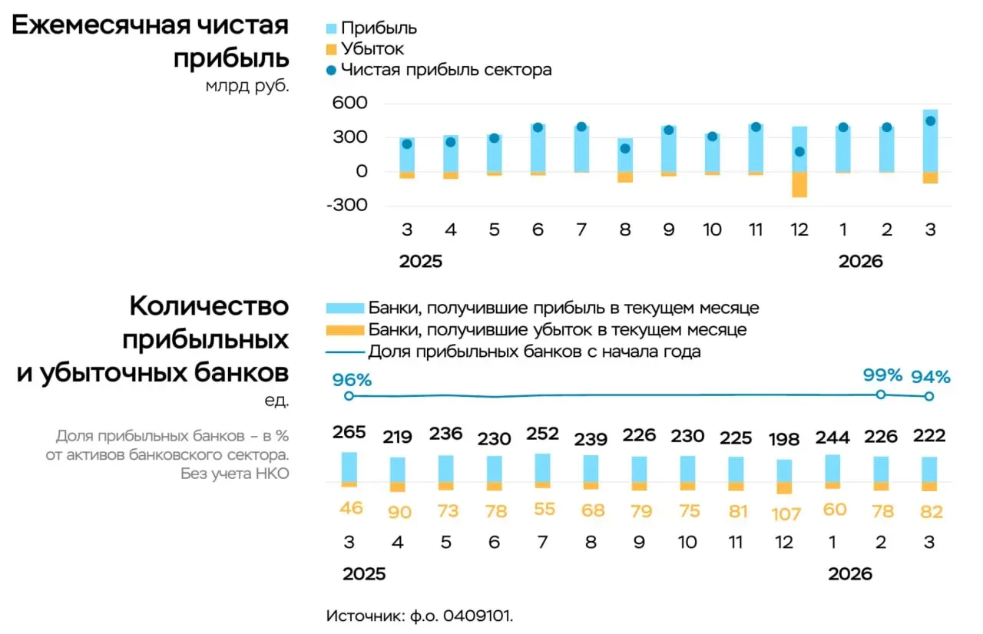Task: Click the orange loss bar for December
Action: click(799, 184)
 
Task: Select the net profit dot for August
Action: click(625, 149)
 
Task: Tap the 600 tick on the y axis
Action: click(351, 104)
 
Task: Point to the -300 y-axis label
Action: click(347, 205)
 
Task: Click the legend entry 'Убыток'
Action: click(372, 49)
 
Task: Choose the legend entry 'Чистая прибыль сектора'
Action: click(446, 70)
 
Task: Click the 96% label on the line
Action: click(352, 379)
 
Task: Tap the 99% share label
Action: click(882, 375)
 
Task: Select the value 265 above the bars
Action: click(349, 433)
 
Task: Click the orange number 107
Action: click(786, 513)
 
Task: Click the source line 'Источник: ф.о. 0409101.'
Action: click(419, 616)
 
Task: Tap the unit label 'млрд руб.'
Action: click(247, 86)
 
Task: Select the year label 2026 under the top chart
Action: click(860, 262)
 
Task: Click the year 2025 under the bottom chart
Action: click(364, 574)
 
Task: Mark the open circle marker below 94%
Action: click(929, 396)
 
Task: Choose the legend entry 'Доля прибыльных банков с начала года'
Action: click(535, 352)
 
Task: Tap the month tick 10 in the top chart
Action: click(713, 229)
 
